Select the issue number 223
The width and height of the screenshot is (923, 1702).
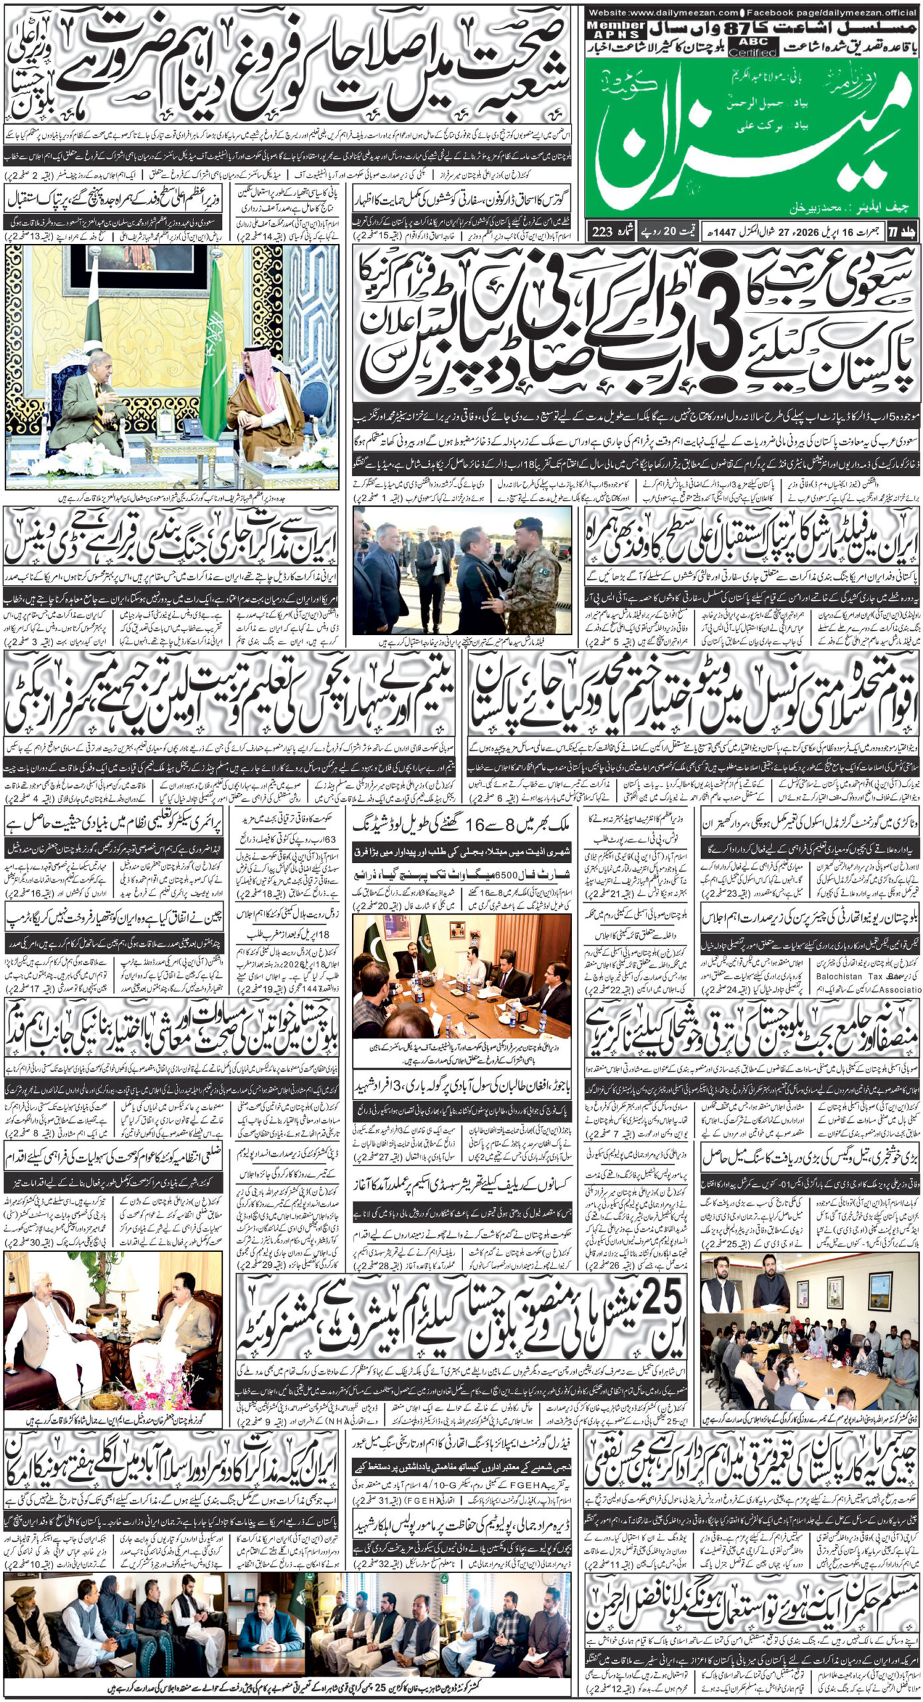pyautogui.click(x=601, y=231)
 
